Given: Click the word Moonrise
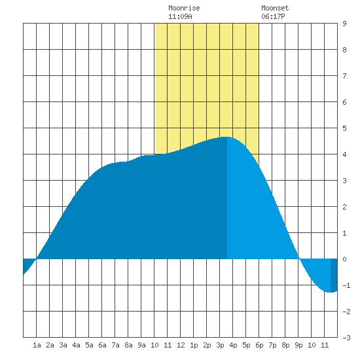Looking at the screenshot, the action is (184, 8).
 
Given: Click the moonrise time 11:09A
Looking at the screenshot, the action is (180, 16).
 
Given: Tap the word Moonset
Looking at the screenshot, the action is (275, 8).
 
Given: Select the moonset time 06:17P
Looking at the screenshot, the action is (273, 16).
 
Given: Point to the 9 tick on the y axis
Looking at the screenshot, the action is (344, 24).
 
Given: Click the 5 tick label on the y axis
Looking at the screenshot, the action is (344, 128).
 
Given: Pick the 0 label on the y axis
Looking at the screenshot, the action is (344, 259).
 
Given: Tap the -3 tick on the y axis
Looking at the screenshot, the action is (346, 338).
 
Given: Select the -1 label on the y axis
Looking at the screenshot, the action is (346, 285).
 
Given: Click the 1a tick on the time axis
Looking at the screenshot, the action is (37, 345).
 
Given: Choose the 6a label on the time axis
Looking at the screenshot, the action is (102, 345).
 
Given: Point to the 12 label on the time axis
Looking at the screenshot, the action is (181, 345).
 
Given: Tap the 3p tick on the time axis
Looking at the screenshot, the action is (220, 345).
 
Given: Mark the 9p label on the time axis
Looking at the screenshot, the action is (298, 345).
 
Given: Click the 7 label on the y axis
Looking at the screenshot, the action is (344, 76).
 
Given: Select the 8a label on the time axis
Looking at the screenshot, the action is (128, 345).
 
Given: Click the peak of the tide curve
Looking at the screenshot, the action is (226, 137).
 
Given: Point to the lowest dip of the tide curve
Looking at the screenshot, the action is (330, 293).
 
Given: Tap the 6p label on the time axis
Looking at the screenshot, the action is (259, 345).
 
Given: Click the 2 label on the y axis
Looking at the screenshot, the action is (344, 207).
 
